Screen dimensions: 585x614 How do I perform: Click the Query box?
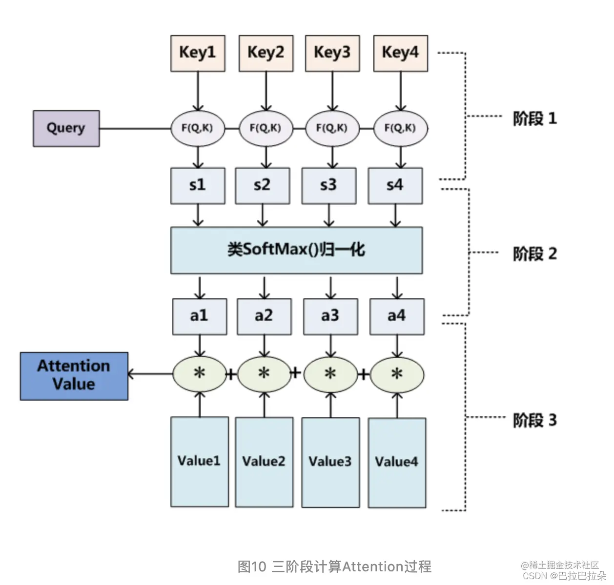point(66,128)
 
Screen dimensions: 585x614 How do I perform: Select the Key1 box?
point(198,53)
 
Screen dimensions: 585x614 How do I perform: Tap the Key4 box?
point(400,53)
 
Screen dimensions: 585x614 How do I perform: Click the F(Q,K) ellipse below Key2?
point(266,128)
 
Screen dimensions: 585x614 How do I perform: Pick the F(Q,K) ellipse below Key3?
point(332,128)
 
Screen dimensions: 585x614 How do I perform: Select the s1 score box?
point(198,186)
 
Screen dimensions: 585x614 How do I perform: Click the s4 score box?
point(395,186)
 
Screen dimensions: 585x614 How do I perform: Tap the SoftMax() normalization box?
point(296,250)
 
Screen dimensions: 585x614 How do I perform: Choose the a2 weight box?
point(264,316)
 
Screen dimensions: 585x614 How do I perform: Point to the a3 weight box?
point(330,316)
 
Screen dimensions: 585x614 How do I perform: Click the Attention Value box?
point(74,376)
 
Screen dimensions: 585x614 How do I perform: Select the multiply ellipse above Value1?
point(200,374)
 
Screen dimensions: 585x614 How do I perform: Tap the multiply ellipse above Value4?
point(397,374)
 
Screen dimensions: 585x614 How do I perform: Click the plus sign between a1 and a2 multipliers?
point(231,374)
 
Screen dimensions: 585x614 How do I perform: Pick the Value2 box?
point(264,462)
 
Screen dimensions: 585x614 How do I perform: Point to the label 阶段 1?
point(534,118)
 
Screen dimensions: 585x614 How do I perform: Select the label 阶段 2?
point(534,253)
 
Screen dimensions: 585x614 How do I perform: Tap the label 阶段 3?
point(534,420)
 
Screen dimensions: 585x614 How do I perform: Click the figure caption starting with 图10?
point(334,566)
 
